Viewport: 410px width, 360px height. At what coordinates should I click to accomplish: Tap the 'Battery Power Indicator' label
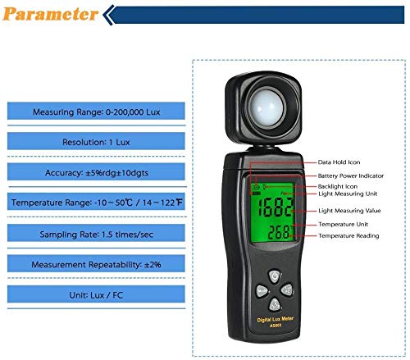click(349, 175)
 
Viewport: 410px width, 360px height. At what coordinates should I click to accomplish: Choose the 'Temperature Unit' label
click(342, 224)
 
